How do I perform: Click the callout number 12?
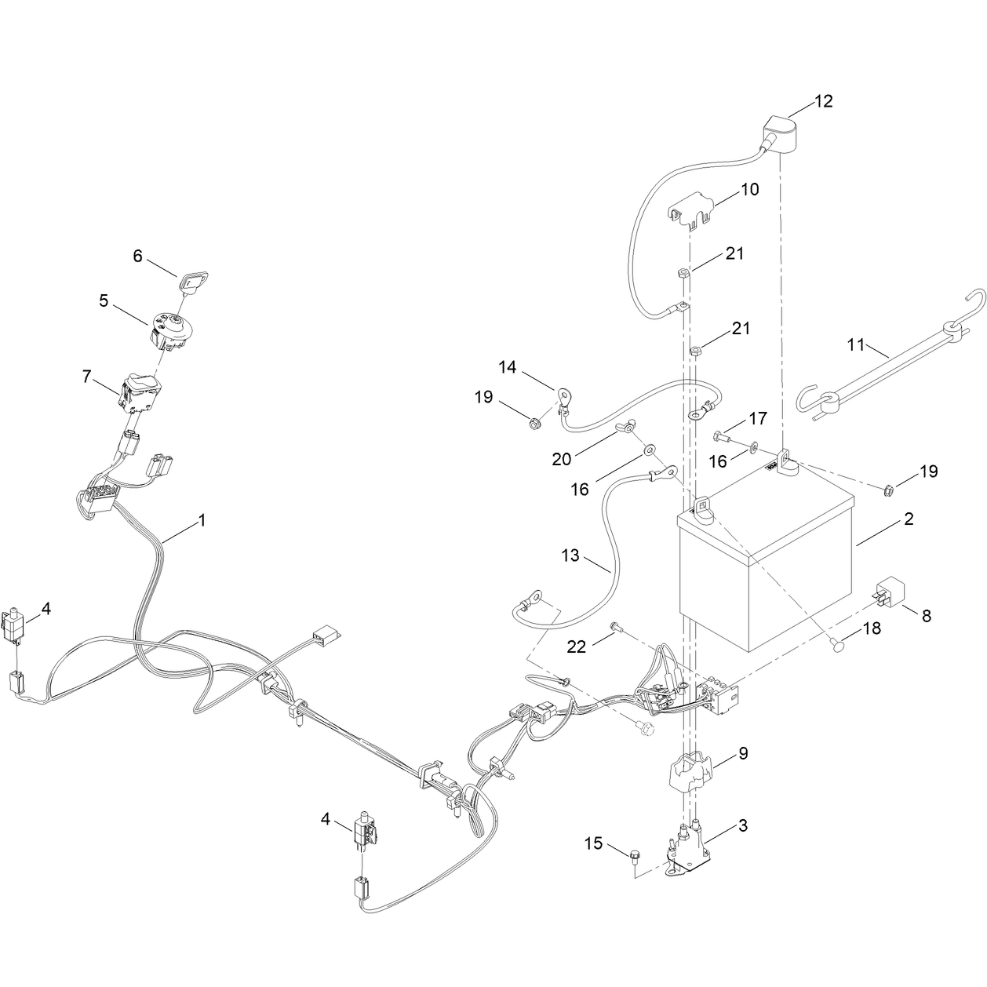point(824,101)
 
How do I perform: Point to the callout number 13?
point(570,555)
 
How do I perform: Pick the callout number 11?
point(857,345)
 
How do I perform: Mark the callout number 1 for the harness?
point(202,520)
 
